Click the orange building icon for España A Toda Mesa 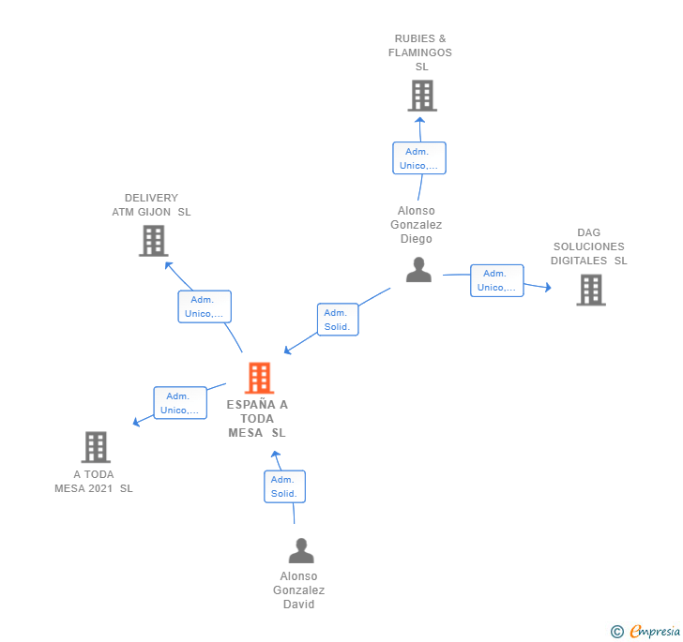(x=259, y=378)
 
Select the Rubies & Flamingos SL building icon (x=422, y=96)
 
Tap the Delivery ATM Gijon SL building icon (x=152, y=241)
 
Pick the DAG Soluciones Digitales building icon (x=590, y=290)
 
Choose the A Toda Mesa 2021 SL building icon (x=96, y=447)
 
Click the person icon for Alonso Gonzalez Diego (x=418, y=270)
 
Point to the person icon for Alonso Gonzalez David (x=300, y=550)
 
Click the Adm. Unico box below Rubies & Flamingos (x=419, y=158)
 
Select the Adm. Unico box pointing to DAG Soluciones (x=496, y=280)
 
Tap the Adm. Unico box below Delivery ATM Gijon (x=205, y=306)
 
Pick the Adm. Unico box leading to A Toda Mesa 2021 (x=180, y=403)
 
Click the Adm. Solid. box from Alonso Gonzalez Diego (x=338, y=320)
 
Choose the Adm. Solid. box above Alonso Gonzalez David (x=284, y=486)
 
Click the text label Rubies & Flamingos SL (x=420, y=52)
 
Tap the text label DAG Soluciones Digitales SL (x=588, y=246)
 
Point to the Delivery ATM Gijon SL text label (x=151, y=205)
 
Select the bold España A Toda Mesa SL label (x=257, y=419)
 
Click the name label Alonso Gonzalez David (x=299, y=590)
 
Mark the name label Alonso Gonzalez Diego (x=417, y=225)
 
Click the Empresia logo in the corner (x=646, y=631)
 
